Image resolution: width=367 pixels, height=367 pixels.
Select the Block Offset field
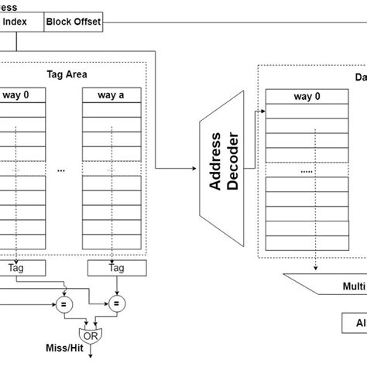coord(73,21)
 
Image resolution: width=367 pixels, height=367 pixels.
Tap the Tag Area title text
coord(67,74)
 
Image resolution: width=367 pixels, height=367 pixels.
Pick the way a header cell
coord(111,96)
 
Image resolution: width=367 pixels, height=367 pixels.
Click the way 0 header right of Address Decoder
coord(307,97)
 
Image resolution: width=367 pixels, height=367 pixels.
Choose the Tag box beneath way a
coord(116,269)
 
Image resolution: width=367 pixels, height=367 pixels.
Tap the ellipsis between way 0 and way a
coord(62,170)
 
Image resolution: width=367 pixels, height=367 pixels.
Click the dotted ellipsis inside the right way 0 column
coord(307,170)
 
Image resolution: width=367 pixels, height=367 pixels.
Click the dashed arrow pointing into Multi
coord(317,269)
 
